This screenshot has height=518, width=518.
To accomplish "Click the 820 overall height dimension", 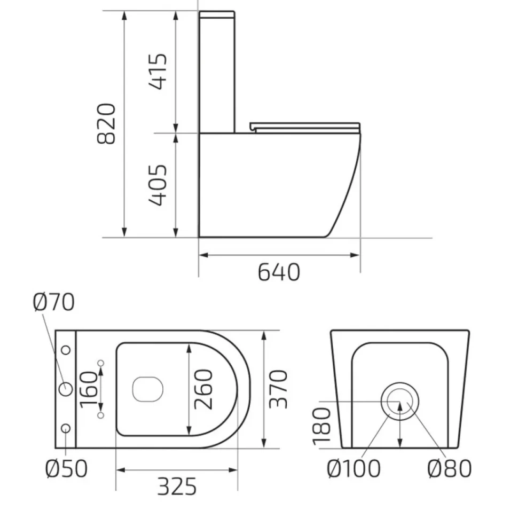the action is [x=106, y=124].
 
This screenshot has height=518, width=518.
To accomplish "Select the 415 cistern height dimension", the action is [x=158, y=72].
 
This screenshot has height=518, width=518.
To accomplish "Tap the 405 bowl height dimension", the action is [x=158, y=185].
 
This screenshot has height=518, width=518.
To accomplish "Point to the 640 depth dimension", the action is [x=279, y=272].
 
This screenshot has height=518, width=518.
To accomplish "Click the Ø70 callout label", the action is [x=54, y=302].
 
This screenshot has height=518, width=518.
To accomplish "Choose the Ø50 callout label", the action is [x=66, y=468].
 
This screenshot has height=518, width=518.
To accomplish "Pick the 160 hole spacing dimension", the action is [x=89, y=389].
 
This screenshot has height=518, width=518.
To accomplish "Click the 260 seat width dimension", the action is [x=203, y=389].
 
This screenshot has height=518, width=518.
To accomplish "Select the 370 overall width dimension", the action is [x=278, y=389].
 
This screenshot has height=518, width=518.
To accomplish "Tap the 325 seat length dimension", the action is [x=177, y=486].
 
